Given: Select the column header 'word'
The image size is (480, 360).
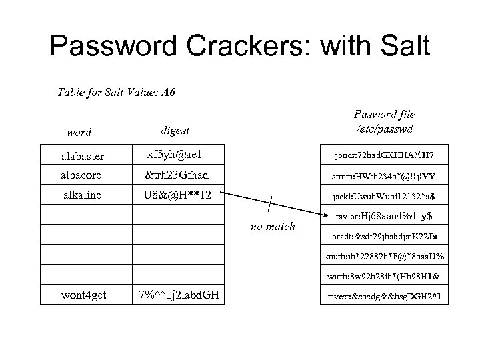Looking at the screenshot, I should tap(79, 132).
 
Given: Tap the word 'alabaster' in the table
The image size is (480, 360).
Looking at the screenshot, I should tap(82, 157).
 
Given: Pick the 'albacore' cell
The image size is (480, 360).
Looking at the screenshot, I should tap(81, 175).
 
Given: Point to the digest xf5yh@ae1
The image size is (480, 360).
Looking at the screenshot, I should tap(175, 155).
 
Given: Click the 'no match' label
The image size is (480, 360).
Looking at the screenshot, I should tap(273, 227).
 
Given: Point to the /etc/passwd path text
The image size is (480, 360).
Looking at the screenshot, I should tap(384, 128).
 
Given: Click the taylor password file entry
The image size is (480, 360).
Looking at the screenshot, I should tap(383, 216).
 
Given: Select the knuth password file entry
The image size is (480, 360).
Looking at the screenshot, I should tap(384, 256).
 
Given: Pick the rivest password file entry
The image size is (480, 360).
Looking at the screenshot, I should tap(383, 296).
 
